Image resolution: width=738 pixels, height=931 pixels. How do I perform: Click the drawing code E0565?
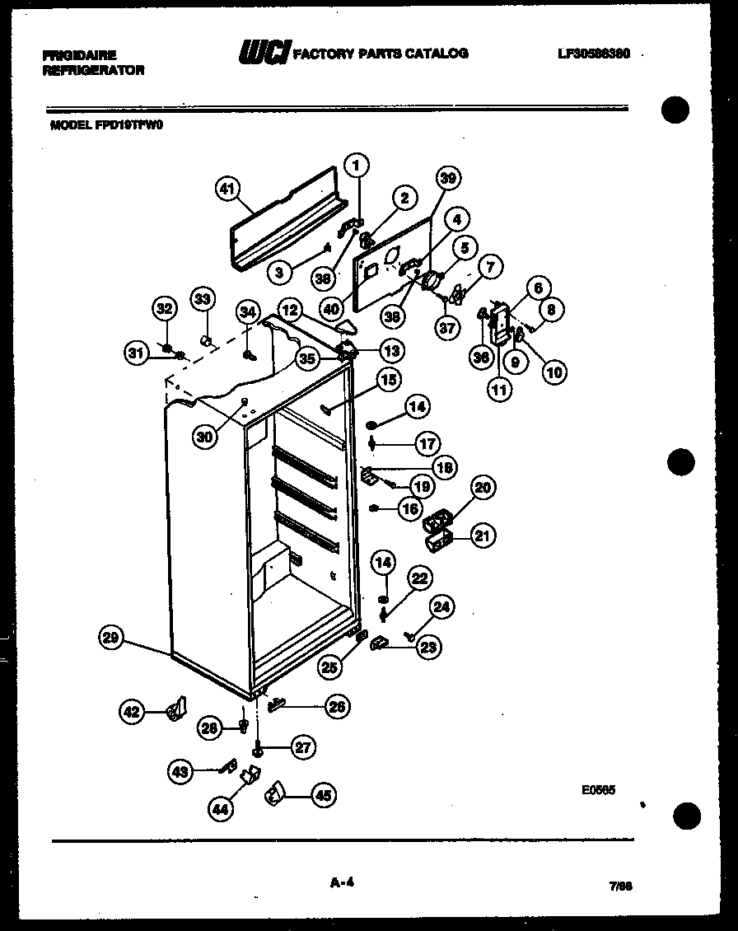(598, 789)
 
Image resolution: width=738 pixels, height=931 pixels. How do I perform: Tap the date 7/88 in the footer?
(620, 887)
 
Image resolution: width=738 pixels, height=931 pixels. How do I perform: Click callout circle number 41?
(228, 189)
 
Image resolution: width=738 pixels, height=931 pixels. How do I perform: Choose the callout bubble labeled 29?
(111, 637)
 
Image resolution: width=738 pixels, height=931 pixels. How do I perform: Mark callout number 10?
(554, 372)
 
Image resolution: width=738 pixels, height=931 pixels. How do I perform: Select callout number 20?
(483, 488)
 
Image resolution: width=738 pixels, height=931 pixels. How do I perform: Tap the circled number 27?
(303, 747)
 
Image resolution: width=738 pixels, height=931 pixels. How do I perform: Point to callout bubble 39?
(448, 178)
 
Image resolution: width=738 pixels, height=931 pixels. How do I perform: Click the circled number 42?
(132, 711)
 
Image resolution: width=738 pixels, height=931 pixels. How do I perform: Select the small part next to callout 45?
(273, 794)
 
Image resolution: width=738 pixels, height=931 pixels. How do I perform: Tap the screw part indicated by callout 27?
(259, 748)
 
